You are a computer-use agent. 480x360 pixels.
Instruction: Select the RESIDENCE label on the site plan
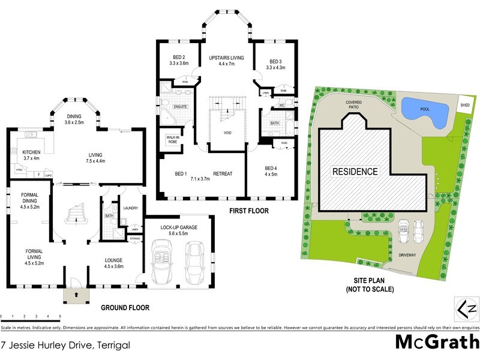[355, 172]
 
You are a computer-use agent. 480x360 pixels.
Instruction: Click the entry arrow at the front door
[76, 294]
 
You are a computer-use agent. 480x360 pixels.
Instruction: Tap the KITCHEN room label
[31, 152]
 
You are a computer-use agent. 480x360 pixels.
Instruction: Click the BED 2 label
[179, 57]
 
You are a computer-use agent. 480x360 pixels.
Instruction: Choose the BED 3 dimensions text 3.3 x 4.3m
[275, 68]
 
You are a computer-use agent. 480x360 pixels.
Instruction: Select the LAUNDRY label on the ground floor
[130, 208]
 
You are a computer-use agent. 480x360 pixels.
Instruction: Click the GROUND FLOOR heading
[125, 308]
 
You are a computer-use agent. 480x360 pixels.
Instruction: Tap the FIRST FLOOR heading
[248, 211]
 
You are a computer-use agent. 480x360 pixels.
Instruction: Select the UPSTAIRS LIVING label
[226, 57]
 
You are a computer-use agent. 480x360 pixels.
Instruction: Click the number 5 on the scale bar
[59, 316]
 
